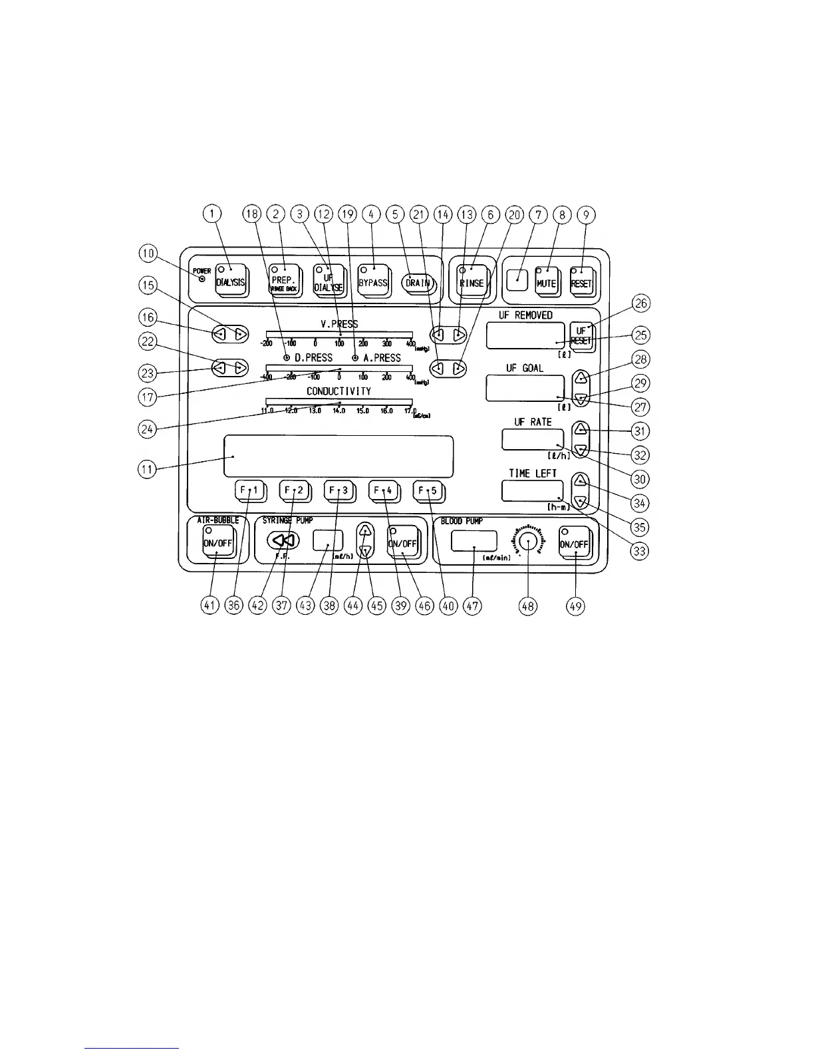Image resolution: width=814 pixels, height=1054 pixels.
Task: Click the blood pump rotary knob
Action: pos(528,540)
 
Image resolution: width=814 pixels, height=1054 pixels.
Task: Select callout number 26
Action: pos(640,303)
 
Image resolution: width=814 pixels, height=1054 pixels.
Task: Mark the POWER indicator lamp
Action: pos(202,279)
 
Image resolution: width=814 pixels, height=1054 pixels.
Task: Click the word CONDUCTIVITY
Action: pos(339,391)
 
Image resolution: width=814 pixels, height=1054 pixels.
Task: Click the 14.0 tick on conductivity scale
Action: pos(339,403)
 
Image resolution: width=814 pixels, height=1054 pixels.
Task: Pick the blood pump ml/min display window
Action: pos(474,541)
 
